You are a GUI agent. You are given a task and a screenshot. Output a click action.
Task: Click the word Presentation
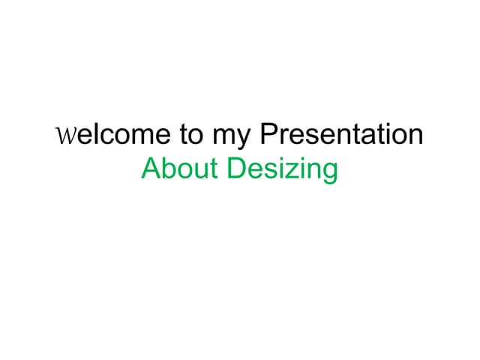pyautogui.click(x=341, y=136)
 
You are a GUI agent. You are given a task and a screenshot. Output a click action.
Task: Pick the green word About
pyautogui.click(x=180, y=169)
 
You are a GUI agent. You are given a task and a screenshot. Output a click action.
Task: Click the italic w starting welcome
pyautogui.click(x=65, y=137)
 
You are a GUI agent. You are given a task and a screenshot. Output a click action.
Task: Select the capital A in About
pyautogui.click(x=150, y=169)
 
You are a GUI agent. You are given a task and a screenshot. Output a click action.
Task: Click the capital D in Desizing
pyautogui.click(x=236, y=169)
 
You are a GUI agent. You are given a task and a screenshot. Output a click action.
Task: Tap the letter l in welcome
pyautogui.click(x=92, y=135)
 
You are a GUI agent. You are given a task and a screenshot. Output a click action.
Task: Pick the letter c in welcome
pyautogui.click(x=103, y=137)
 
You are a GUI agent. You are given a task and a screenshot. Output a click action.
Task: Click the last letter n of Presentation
pyautogui.click(x=415, y=137)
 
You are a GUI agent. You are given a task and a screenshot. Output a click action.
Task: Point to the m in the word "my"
pyautogui.click(x=226, y=137)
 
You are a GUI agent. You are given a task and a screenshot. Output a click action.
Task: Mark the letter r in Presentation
pyautogui.click(x=282, y=137)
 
